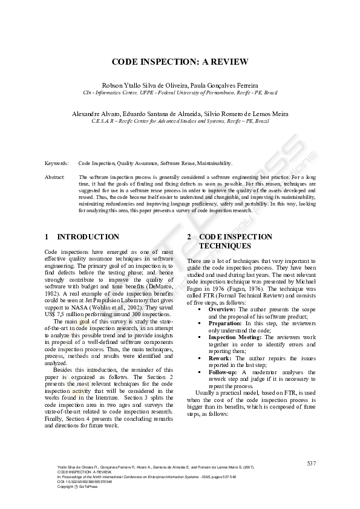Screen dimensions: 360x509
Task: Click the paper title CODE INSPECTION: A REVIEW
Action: [x=180, y=62]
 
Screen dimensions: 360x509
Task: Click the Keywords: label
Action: [x=57, y=163]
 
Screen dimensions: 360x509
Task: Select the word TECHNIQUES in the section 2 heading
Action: [x=220, y=247]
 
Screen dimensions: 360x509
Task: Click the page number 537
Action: [x=311, y=463]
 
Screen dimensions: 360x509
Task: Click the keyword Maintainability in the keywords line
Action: [x=213, y=163]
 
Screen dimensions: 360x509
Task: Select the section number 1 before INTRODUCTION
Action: [x=47, y=237]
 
